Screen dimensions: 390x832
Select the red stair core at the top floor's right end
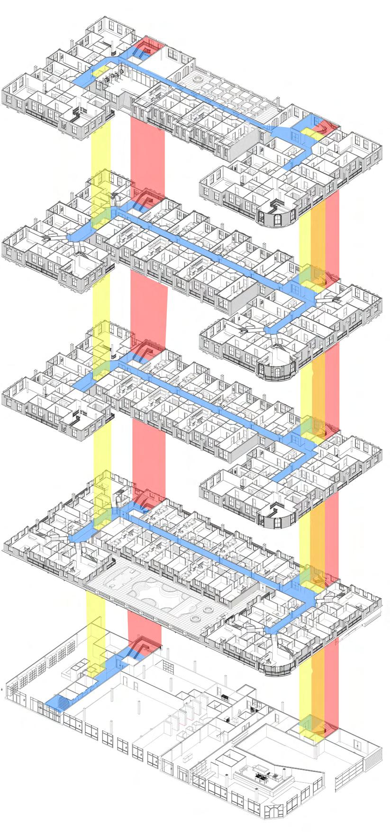pyautogui.click(x=325, y=127)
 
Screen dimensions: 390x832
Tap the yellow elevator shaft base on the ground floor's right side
pyautogui.click(x=310, y=725)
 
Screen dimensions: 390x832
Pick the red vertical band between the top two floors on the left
pyautogui.click(x=147, y=152)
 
